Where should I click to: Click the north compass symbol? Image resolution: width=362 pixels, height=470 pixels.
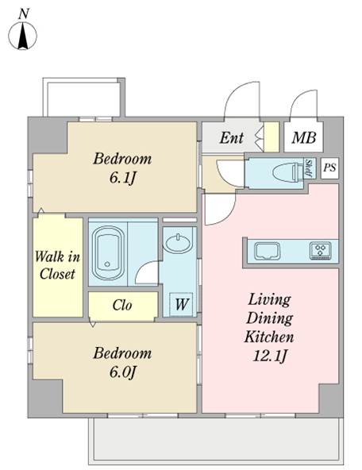(22, 36)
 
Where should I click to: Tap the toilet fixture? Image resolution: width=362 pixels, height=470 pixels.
(288, 172)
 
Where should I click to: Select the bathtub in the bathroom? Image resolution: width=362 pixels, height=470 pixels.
(108, 253)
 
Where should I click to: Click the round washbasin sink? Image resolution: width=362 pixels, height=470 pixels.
(178, 244)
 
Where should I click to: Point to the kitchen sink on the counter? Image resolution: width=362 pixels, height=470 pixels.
(267, 251)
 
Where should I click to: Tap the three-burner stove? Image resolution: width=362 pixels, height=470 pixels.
(321, 250)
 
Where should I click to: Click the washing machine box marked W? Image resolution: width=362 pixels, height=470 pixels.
(181, 304)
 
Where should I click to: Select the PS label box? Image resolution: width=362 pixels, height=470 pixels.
(329, 168)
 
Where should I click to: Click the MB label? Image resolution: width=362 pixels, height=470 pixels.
(304, 137)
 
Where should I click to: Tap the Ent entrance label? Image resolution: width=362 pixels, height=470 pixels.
(232, 138)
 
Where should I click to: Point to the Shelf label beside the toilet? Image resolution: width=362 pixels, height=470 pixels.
(308, 168)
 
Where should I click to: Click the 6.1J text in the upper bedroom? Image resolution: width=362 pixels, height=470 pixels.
(122, 178)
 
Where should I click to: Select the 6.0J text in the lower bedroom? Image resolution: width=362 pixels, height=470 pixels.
(122, 372)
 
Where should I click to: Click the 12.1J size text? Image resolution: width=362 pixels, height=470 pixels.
(270, 356)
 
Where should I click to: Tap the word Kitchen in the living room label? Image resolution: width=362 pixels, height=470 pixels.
(269, 337)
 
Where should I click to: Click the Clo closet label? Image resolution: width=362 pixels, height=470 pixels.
(122, 305)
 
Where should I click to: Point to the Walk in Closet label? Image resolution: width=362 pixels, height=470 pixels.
(57, 265)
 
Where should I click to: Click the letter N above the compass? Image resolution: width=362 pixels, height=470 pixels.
(23, 14)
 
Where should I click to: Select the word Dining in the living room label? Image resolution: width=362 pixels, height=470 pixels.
(269, 318)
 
